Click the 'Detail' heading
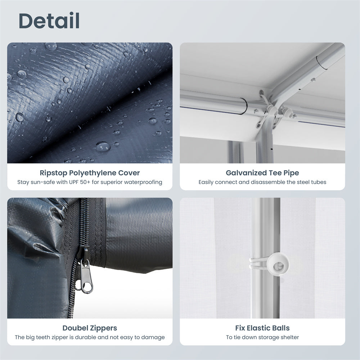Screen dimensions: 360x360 pos(49,21)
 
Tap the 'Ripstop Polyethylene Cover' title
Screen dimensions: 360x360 pos(90,173)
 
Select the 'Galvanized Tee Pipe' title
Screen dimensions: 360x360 pos(262,173)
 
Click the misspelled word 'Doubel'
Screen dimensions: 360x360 pos(76,328)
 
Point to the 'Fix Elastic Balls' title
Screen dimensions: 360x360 pos(262,328)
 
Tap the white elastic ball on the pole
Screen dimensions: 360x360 pos(279,265)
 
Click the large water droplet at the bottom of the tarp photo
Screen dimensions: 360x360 pos(103,147)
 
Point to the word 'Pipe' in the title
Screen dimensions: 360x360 pos(292,173)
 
